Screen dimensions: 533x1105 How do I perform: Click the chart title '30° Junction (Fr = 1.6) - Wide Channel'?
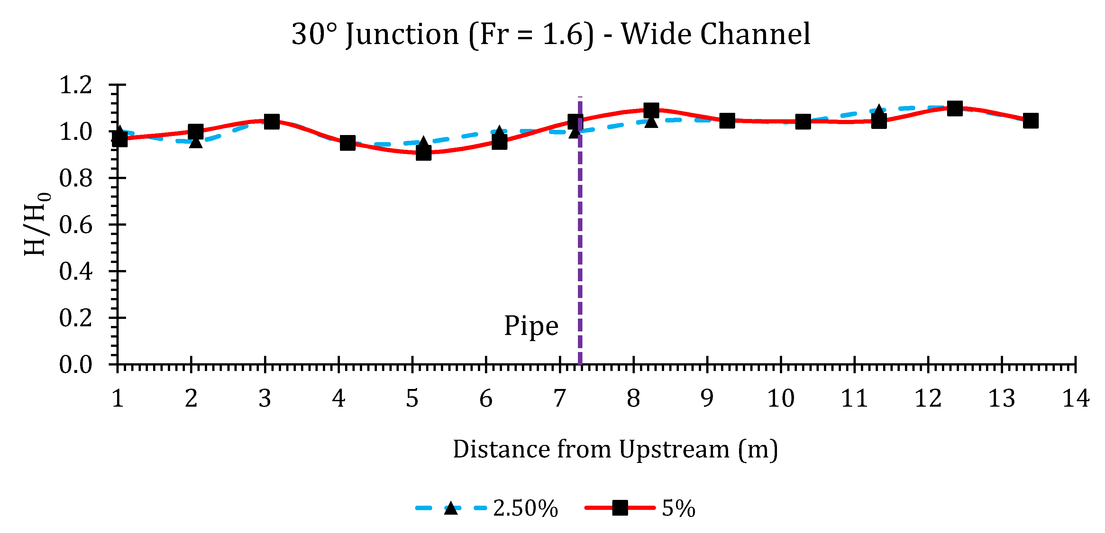click(x=551, y=34)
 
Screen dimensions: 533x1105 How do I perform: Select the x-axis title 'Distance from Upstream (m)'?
click(x=615, y=449)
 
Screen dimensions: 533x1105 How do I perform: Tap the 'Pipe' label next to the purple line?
click(x=531, y=326)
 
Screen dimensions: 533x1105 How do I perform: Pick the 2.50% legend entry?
click(x=487, y=509)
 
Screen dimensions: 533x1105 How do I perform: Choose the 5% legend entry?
click(x=640, y=509)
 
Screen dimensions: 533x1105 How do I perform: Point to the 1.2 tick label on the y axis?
click(x=76, y=85)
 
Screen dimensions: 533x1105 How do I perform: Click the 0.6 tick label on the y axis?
click(x=76, y=225)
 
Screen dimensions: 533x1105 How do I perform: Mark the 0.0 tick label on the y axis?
click(x=76, y=365)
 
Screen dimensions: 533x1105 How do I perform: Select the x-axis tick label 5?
click(x=412, y=399)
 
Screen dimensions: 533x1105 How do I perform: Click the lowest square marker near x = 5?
click(x=424, y=153)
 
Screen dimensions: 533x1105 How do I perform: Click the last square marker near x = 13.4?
click(x=1030, y=121)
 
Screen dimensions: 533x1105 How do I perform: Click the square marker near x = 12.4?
click(x=954, y=108)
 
